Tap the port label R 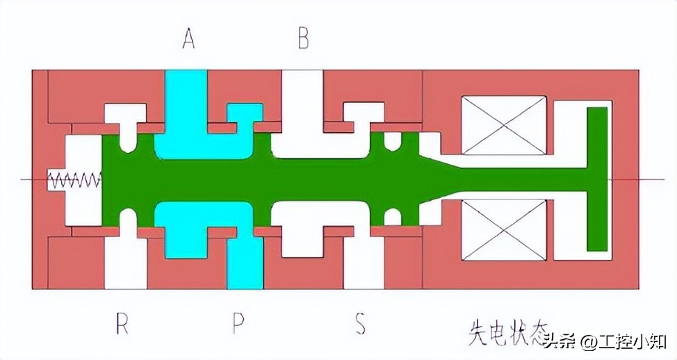tap(122, 324)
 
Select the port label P tap(238, 324)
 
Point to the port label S tap(360, 324)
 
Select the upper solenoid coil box tap(504, 125)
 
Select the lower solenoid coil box tap(504, 230)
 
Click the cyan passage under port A tap(186, 104)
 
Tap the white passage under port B tap(300, 104)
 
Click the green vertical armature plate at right tap(597, 179)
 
